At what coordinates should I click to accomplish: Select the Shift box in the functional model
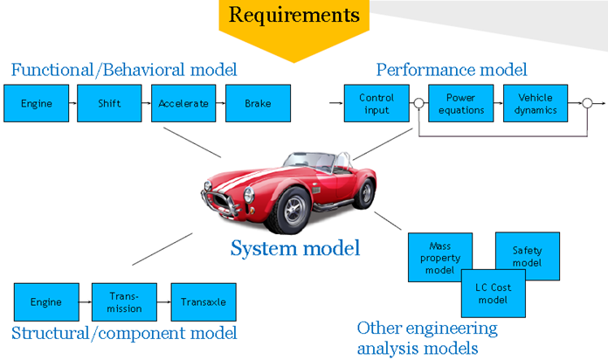pos(108,103)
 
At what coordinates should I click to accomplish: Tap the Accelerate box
pos(183,103)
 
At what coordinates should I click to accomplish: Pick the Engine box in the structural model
pos(45,302)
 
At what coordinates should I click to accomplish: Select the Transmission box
pos(123,302)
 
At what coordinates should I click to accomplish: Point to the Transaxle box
pos(203,302)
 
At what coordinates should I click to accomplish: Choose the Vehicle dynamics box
pos(535,103)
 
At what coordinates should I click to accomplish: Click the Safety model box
pos(526,256)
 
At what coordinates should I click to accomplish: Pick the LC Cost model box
pos(494,294)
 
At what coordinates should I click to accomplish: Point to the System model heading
pos(295,248)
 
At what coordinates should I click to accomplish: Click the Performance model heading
pos(452,69)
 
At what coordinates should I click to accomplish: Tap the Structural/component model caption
pos(124,333)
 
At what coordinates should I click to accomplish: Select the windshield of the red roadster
pos(314,161)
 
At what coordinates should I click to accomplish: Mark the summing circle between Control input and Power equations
pos(419,104)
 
